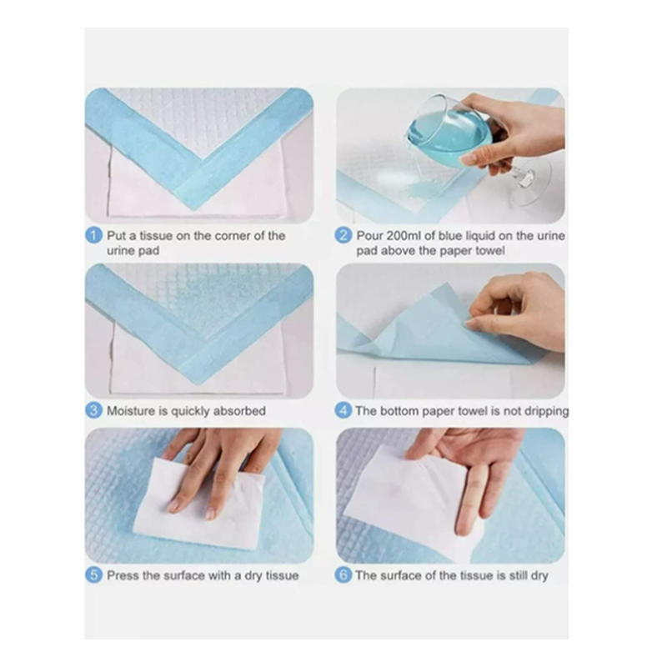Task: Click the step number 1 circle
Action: tap(95, 236)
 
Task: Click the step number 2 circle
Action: tap(344, 236)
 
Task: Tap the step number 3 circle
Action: tap(95, 410)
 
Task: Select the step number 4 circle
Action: tap(344, 410)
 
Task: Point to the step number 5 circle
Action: tap(95, 575)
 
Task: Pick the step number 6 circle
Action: tap(344, 575)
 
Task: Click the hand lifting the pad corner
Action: tap(517, 308)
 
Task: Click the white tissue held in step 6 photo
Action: tap(417, 492)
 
